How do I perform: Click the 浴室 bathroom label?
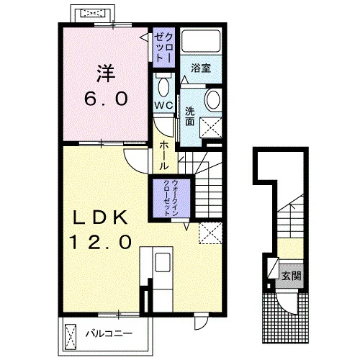[x=201, y=68]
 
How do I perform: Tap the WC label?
[x=163, y=105]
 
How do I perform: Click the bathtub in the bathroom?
[x=201, y=41]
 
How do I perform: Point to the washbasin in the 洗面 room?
[x=213, y=100]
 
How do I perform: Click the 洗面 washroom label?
[x=189, y=117]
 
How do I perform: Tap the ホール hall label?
[x=163, y=156]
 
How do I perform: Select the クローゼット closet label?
[x=163, y=48]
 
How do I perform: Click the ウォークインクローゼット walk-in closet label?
[x=171, y=198]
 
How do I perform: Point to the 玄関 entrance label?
[x=291, y=276]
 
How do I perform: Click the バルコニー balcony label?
[x=109, y=333]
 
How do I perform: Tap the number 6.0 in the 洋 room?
[x=106, y=99]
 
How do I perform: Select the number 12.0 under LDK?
[x=101, y=241]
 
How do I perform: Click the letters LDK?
[x=100, y=217]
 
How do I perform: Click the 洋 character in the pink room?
[x=106, y=73]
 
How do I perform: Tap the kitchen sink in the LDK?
[x=163, y=262]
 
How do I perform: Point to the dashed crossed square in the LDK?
[x=210, y=233]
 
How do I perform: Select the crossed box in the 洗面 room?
[x=211, y=127]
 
